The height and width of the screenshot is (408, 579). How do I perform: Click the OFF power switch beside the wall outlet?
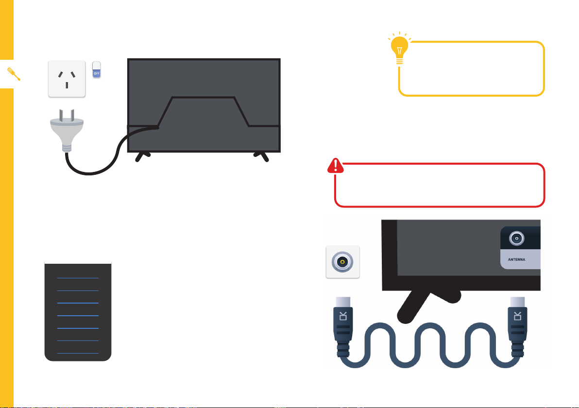(96, 69)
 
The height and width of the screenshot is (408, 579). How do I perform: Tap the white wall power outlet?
(67, 79)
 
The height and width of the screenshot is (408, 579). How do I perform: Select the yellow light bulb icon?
(400, 49)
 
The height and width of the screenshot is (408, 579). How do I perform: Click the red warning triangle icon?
(335, 166)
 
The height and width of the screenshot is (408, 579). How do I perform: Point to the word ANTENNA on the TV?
(516, 259)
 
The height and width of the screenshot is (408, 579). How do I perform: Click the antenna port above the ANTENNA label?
(517, 238)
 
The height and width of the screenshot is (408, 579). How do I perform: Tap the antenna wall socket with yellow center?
(342, 262)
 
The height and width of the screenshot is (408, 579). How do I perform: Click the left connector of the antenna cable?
(343, 326)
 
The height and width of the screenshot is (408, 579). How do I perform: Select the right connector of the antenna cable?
(517, 326)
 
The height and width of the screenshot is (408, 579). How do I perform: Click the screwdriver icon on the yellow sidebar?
(14, 74)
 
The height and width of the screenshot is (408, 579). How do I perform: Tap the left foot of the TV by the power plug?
(142, 156)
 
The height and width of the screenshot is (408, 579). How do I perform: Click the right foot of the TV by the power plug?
(261, 156)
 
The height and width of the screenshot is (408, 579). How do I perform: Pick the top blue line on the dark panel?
(78, 278)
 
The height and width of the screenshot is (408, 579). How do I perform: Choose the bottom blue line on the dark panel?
(78, 353)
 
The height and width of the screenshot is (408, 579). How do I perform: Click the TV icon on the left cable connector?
(343, 316)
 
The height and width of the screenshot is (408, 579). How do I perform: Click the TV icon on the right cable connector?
(517, 316)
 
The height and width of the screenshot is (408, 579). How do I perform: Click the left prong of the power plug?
(61, 115)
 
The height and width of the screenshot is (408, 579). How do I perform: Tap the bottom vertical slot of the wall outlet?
(67, 85)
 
